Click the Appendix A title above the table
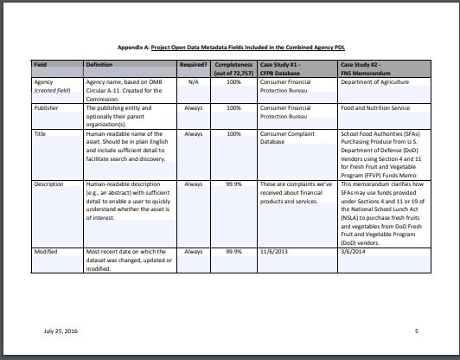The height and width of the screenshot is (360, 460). tap(229, 49)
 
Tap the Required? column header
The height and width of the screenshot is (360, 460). tap(195, 65)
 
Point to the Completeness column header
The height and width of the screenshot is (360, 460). tap(233, 68)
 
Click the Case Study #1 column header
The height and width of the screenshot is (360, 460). tap(284, 68)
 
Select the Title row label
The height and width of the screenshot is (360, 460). tap(40, 134)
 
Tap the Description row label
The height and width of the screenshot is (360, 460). tap(49, 184)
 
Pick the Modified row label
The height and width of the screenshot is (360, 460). tap(47, 250)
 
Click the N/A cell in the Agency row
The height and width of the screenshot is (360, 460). tap(194, 80)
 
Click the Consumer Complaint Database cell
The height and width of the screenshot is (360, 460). tap(289, 138)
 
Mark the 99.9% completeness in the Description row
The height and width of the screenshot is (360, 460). tap(233, 184)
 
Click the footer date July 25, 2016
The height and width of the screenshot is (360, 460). tap(58, 331)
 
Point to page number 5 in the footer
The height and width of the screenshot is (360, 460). tap(416, 331)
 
